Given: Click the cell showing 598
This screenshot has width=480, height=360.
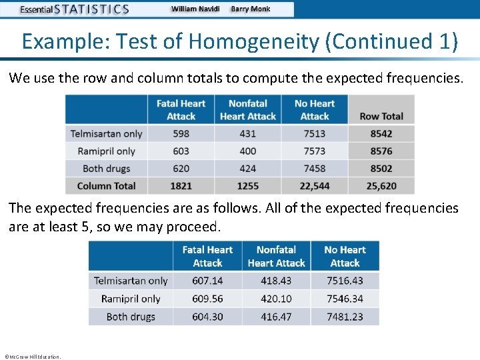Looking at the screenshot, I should [x=181, y=134].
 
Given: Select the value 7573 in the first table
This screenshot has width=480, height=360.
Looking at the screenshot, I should [x=315, y=151].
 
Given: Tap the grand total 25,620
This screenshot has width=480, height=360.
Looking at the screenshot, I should [x=381, y=186].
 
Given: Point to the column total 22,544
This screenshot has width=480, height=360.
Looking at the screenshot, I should [x=315, y=186].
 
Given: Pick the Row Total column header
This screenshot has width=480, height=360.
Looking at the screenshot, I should [x=381, y=116].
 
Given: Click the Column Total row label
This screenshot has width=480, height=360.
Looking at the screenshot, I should [x=107, y=186].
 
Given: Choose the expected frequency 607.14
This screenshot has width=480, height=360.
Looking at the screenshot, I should [x=207, y=281].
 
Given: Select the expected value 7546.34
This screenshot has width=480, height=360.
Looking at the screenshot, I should [x=345, y=299].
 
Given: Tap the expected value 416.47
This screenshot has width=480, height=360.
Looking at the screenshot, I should [x=276, y=317].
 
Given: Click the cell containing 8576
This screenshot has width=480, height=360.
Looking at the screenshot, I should [x=381, y=151].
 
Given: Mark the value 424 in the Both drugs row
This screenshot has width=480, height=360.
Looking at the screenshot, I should [x=247, y=169].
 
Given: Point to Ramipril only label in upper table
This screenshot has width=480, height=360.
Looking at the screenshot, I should [x=107, y=151].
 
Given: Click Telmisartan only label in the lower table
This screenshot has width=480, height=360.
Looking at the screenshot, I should [x=131, y=281].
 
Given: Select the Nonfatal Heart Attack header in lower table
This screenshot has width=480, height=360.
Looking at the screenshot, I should [x=276, y=256].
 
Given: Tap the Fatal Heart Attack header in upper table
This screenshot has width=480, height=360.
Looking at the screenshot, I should [x=181, y=109].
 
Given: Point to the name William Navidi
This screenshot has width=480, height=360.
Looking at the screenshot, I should [x=195, y=9].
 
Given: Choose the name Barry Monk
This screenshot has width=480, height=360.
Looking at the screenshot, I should [x=251, y=9].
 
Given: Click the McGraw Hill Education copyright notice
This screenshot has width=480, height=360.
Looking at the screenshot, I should [x=32, y=357].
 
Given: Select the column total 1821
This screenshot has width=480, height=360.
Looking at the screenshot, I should [x=181, y=186].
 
